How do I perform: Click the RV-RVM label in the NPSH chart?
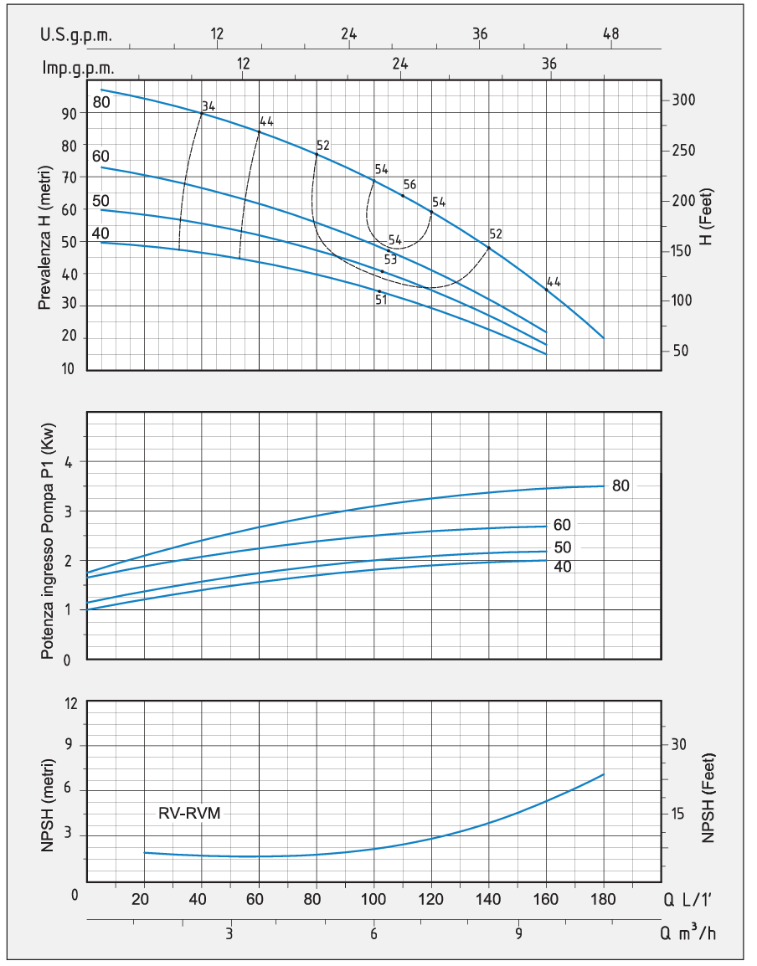coord(189,813)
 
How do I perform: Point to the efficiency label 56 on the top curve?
coord(410,184)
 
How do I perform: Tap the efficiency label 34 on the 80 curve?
coord(209,106)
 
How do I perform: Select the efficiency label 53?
coord(390,259)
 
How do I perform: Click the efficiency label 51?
coord(381,300)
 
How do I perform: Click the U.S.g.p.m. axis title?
coord(76,35)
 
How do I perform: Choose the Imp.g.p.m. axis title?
coord(78,68)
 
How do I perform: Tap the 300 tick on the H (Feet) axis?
coord(683,100)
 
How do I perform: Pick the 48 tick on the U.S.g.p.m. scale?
coord(610,33)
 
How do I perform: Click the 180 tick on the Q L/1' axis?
coord(603,900)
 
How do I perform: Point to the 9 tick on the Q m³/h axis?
coord(518,933)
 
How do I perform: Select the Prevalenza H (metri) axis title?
coord(44,238)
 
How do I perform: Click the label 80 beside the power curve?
coord(621,486)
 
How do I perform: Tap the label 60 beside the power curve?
coord(562,525)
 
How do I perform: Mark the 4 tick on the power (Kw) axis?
coord(69,462)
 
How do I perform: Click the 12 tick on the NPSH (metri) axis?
coord(71,703)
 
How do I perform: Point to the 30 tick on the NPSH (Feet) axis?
coord(678,745)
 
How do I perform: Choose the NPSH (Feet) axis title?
coord(708,798)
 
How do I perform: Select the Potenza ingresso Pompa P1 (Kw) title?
coord(48,541)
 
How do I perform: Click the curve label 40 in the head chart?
coord(100,234)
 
